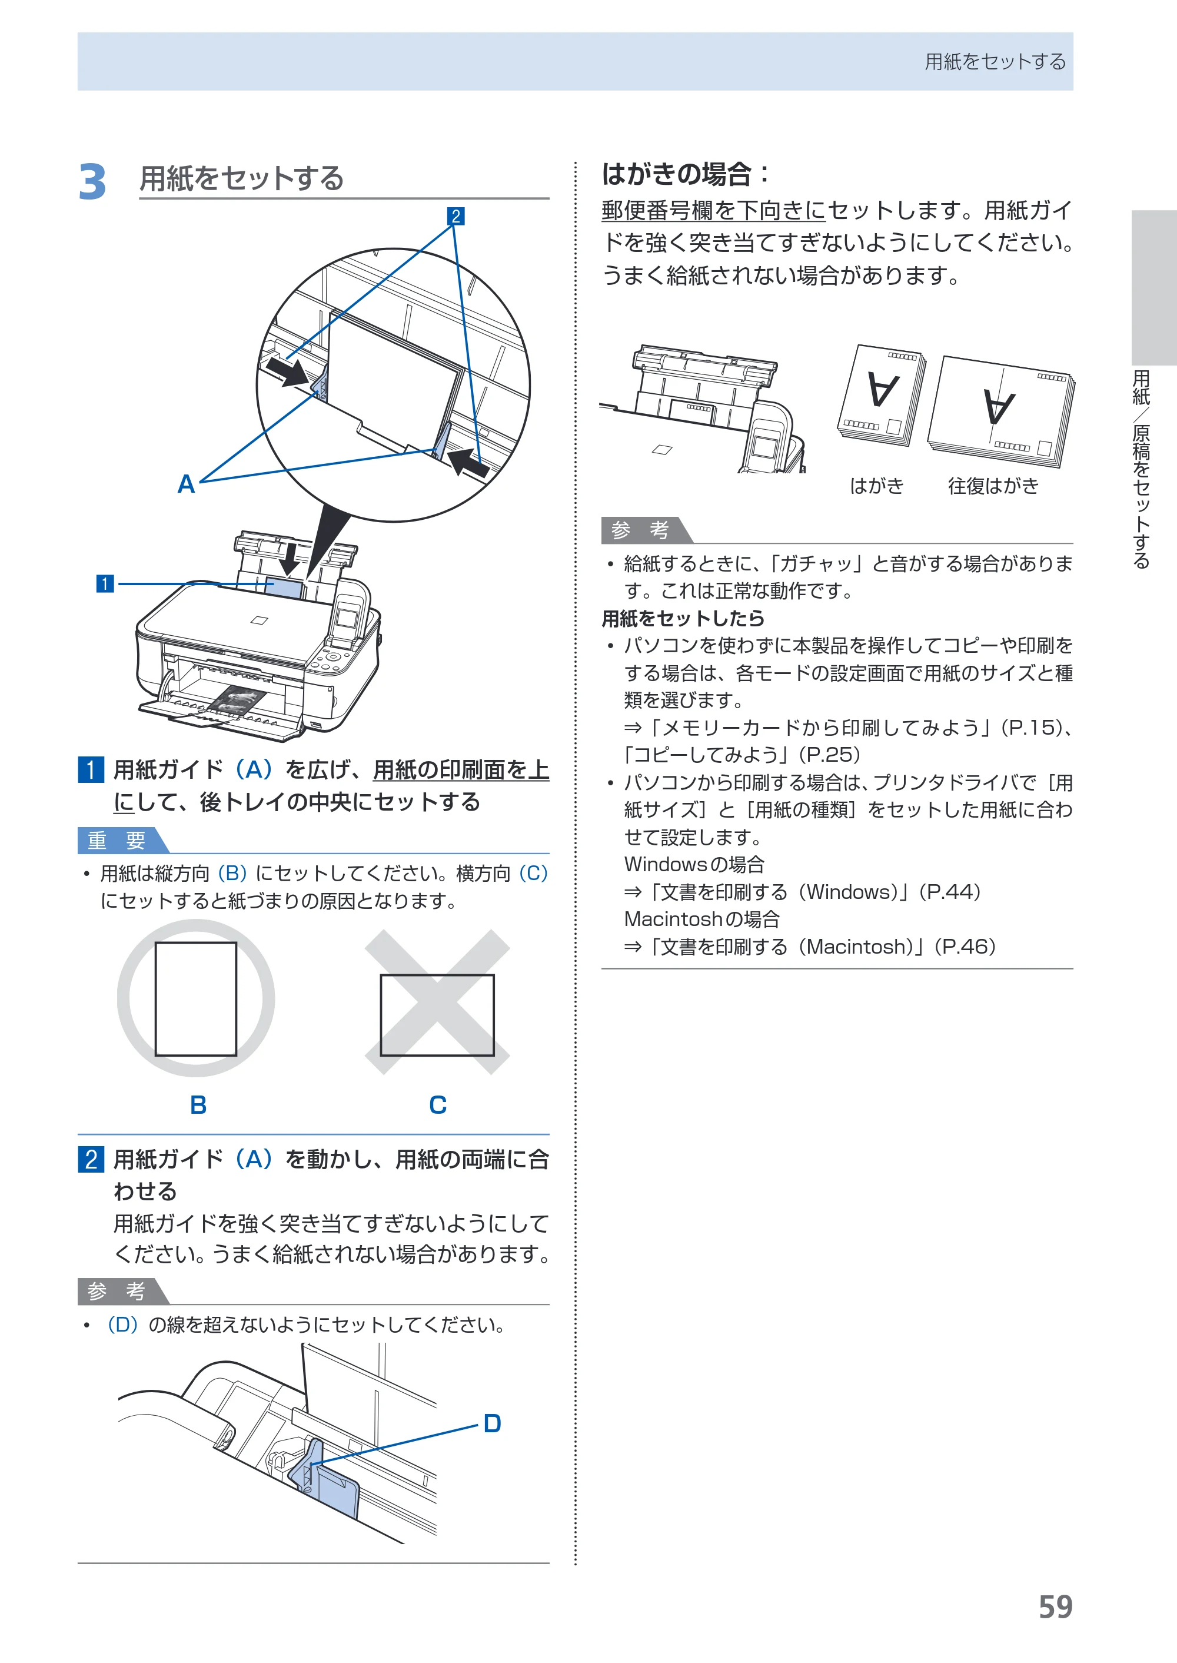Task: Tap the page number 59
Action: [x=1055, y=1607]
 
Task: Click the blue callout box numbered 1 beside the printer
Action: [x=105, y=583]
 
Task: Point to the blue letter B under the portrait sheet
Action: [x=198, y=1105]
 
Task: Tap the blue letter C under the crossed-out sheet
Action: [x=438, y=1105]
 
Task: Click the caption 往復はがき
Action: [x=993, y=486]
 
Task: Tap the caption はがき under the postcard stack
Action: [x=877, y=486]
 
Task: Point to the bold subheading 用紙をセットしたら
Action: [x=683, y=618]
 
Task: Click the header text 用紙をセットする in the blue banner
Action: [x=995, y=62]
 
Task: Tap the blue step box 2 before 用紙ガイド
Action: [x=91, y=1159]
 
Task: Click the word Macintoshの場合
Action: [x=701, y=920]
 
